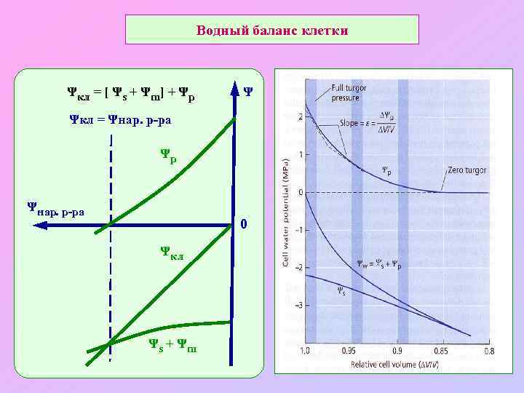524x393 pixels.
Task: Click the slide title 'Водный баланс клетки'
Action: click(273, 31)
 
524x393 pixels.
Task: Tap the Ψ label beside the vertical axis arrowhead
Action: click(249, 92)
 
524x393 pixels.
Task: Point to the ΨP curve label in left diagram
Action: click(168, 155)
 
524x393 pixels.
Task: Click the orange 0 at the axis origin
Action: click(245, 223)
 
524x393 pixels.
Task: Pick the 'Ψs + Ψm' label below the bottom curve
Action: click(172, 344)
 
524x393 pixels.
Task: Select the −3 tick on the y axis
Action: click(300, 305)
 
